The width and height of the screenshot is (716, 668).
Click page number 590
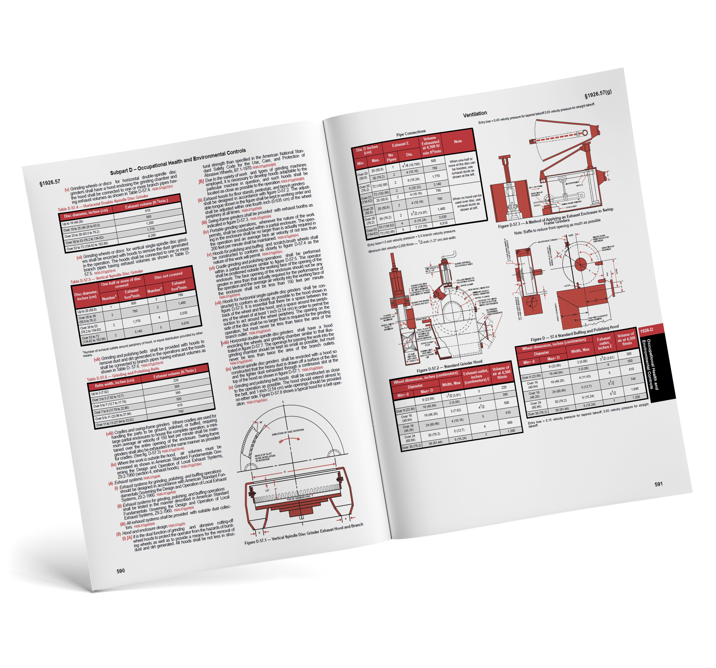[121, 571]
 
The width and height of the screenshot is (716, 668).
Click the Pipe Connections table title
[411, 134]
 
